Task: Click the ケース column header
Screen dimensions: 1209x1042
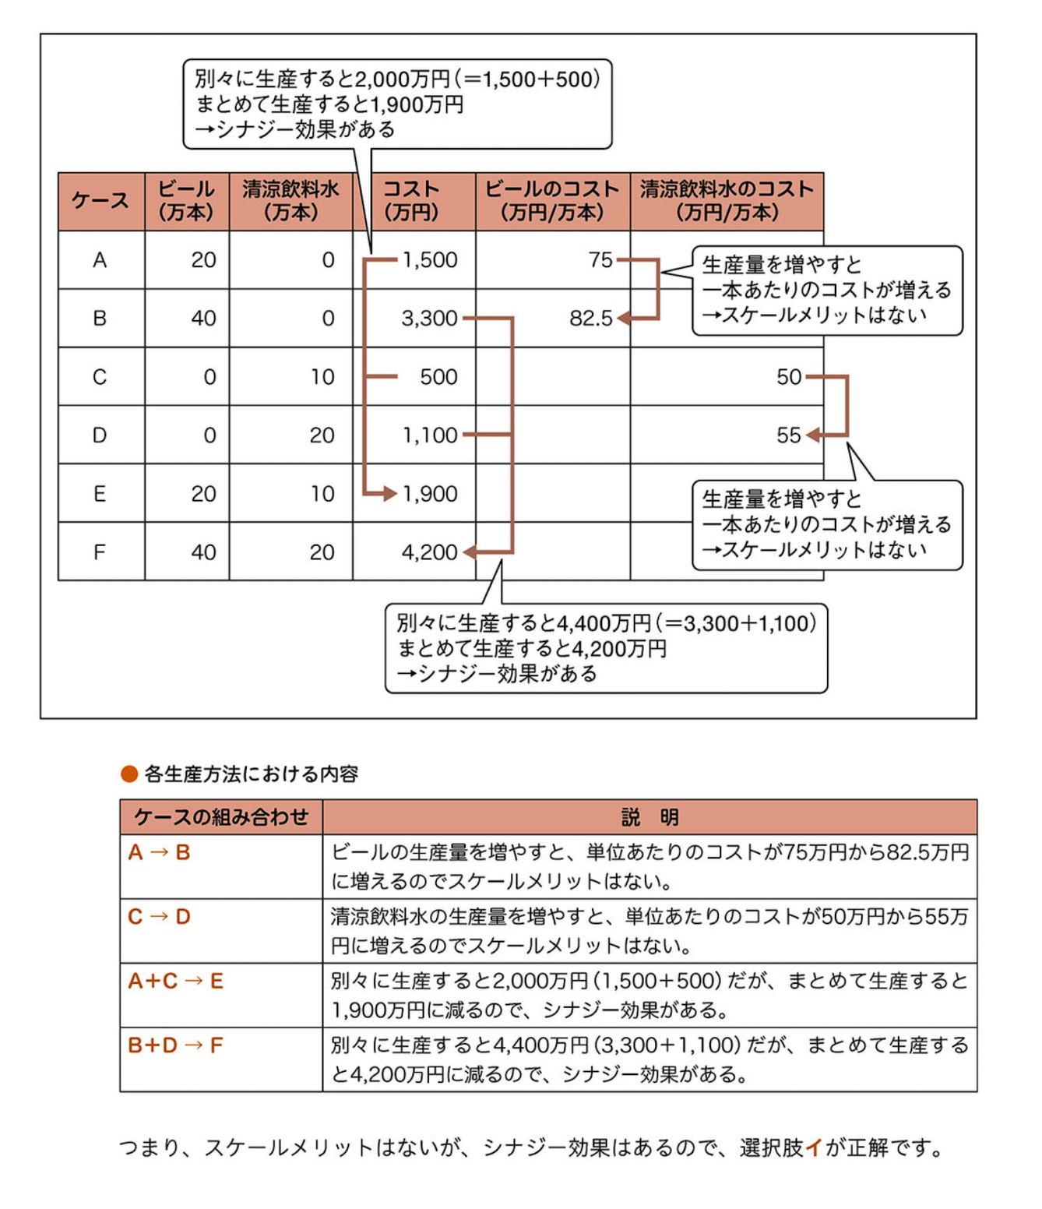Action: pos(100,201)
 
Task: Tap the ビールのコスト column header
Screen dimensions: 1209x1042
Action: pos(552,201)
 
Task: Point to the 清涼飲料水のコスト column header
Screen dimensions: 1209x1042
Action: pos(727,201)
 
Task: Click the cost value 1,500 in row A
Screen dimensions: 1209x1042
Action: pos(430,260)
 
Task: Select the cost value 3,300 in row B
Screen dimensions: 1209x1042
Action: pos(429,319)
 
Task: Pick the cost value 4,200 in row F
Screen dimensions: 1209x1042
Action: pos(429,552)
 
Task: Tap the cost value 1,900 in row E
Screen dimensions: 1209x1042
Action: pos(430,494)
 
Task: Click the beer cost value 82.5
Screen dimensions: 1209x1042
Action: pos(591,319)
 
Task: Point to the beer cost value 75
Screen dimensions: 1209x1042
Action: pos(600,260)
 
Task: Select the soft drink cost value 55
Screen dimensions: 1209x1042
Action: pos(788,435)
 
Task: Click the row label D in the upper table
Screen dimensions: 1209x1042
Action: pos(100,435)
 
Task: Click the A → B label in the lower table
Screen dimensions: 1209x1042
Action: pos(160,853)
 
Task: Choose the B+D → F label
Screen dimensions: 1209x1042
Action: pos(175,1045)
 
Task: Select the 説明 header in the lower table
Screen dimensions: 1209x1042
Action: pos(649,817)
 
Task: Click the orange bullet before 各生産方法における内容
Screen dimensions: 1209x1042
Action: pos(129,774)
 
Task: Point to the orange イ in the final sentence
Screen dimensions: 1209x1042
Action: pos(814,1147)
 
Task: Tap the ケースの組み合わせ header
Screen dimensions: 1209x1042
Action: pos(221,817)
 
